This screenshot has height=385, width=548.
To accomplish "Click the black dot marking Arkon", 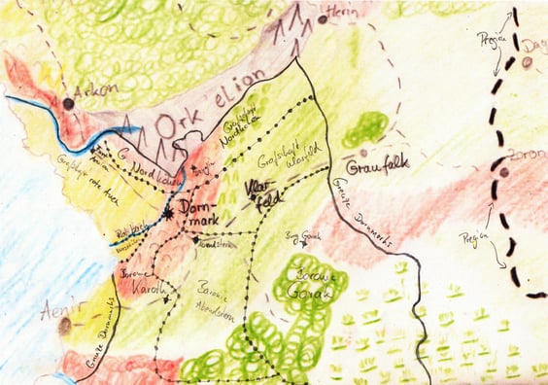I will [68, 102].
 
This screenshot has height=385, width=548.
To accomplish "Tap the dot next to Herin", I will [323, 18].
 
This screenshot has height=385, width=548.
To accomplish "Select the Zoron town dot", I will [503, 173].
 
